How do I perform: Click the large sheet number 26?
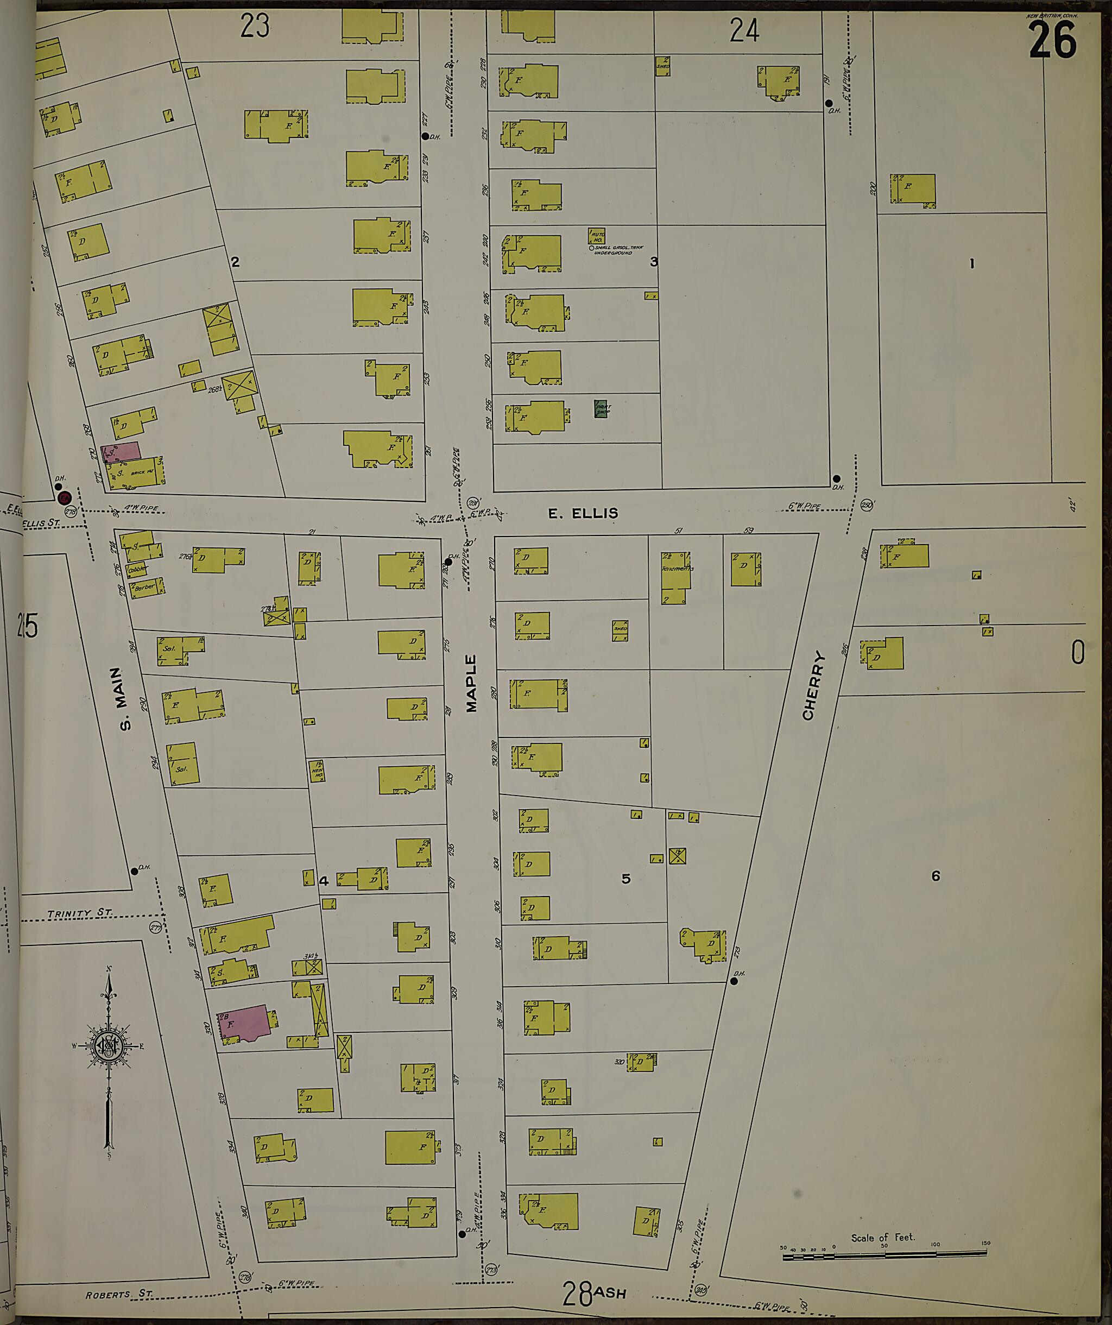coord(1052,39)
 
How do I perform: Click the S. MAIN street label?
coord(125,698)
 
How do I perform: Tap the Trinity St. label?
coord(79,913)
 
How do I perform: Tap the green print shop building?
coord(601,409)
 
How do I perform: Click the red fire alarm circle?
coord(64,499)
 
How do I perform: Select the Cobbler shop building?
coord(137,569)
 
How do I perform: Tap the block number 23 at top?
coord(255,27)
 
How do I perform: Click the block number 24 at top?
coord(744,30)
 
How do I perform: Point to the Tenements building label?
coord(678,569)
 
